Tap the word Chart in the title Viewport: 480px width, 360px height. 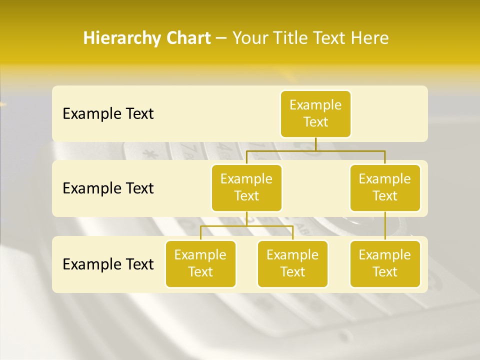(x=187, y=38)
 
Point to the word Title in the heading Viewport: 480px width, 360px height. (x=296, y=38)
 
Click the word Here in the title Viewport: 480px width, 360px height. (x=370, y=38)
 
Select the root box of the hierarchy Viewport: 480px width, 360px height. (x=315, y=113)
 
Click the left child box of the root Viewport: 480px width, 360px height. (x=246, y=187)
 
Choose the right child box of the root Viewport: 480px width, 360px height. (x=385, y=187)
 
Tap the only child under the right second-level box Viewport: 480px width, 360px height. (x=385, y=263)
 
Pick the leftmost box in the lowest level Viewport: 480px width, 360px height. (x=200, y=263)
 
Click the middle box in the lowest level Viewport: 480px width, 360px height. (x=292, y=263)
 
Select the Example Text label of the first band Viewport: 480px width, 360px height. (x=108, y=113)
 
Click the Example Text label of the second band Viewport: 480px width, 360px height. (x=108, y=188)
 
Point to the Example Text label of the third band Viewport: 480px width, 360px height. (x=108, y=264)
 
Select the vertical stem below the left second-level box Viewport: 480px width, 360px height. (x=246, y=218)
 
